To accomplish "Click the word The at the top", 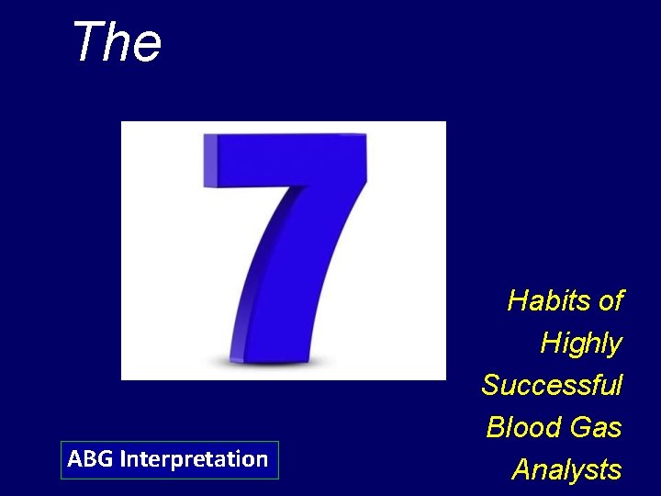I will pyautogui.click(x=117, y=42).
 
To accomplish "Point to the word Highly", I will pyautogui.click(x=580, y=344).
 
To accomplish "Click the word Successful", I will pyautogui.click(x=552, y=385).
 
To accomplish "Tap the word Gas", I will pyautogui.click(x=596, y=427).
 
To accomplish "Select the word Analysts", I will pyautogui.click(x=566, y=469).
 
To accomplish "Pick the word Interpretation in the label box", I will pyautogui.click(x=194, y=458).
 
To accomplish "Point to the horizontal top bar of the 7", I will pyautogui.click(x=285, y=158).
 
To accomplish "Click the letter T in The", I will pyautogui.click(x=86, y=42).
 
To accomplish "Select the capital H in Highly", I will pyautogui.click(x=551, y=344).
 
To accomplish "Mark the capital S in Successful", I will pyautogui.click(x=491, y=385).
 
